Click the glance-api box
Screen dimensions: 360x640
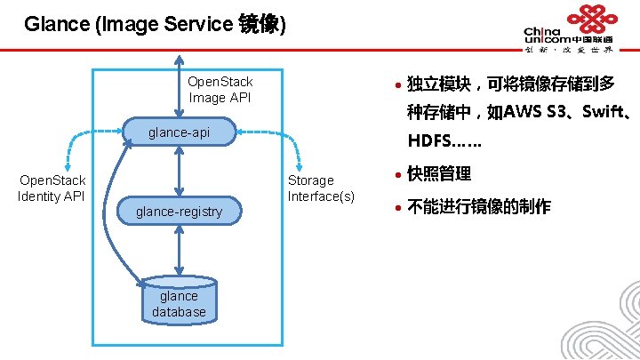point(179,132)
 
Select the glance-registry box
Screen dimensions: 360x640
point(179,211)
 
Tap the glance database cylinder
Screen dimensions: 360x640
point(179,303)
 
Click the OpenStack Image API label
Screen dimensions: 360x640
point(220,90)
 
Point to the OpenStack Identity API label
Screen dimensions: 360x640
point(52,188)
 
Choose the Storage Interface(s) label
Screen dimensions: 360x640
point(320,188)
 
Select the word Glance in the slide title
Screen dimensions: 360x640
point(56,24)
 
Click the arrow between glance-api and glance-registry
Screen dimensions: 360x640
point(180,172)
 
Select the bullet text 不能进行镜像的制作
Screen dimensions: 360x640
point(478,207)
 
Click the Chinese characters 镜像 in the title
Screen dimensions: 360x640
point(260,24)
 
